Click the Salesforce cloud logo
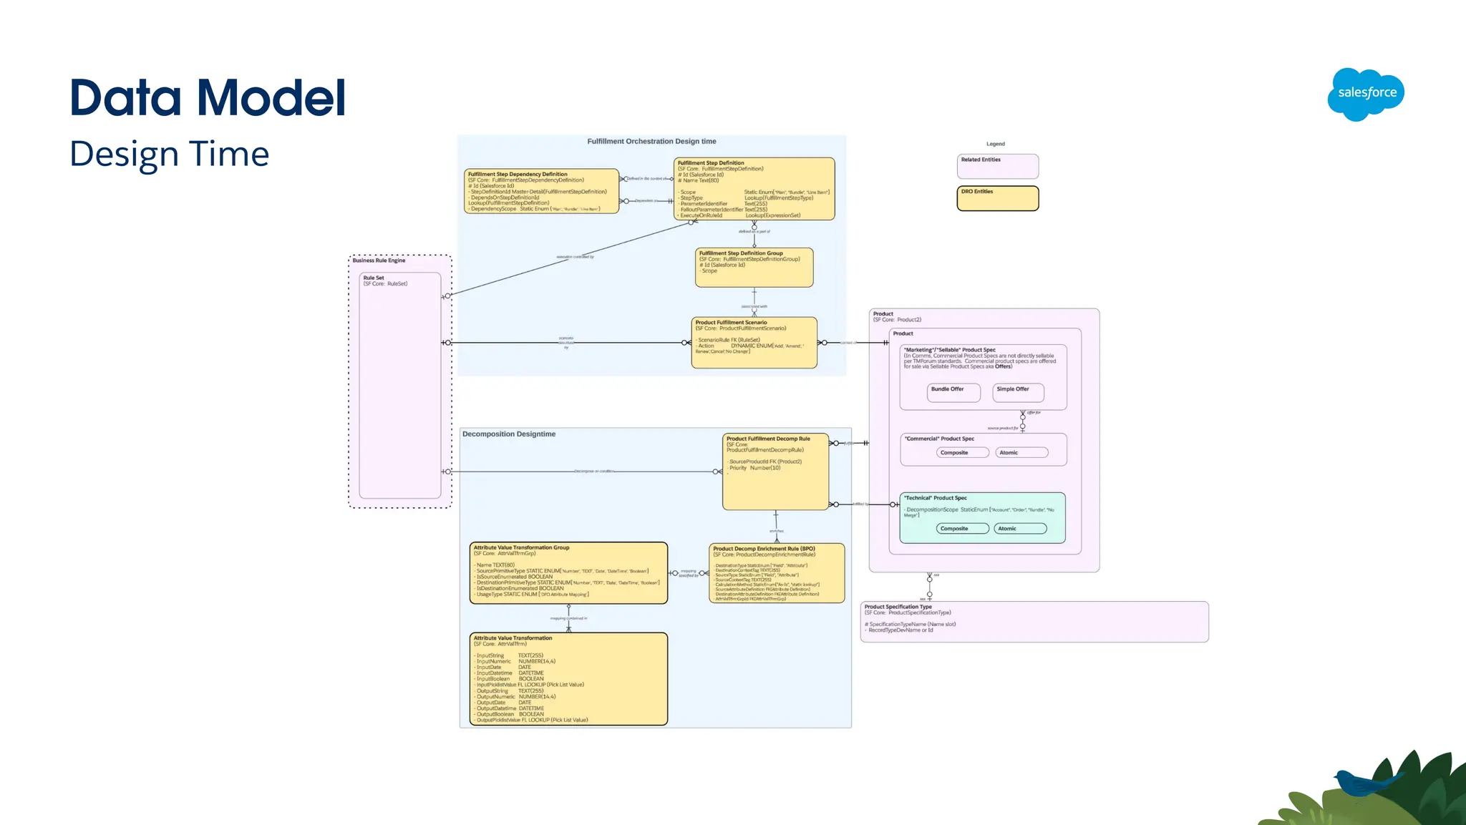1366,94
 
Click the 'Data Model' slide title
208,97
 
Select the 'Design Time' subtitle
170,154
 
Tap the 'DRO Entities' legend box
997,198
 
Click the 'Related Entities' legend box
997,166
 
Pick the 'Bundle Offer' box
953,391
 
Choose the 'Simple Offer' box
1018,391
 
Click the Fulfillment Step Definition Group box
754,267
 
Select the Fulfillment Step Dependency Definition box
541,191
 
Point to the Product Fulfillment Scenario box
754,342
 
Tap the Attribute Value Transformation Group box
568,572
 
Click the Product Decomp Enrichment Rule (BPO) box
777,573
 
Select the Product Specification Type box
1034,621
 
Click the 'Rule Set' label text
373,278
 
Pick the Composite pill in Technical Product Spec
962,528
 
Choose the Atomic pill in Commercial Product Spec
1021,452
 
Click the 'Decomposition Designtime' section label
509,434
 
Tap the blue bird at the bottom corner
1360,782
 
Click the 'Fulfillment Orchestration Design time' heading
651,142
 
